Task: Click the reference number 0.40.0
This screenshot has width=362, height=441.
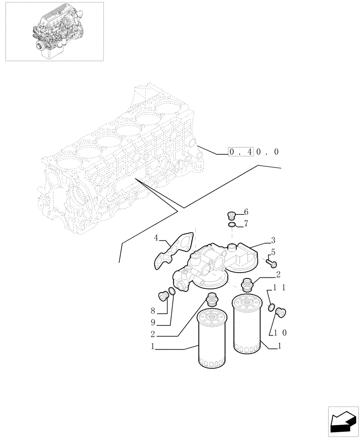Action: point(254,152)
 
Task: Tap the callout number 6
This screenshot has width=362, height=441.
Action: point(246,212)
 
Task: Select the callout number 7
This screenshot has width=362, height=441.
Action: point(246,224)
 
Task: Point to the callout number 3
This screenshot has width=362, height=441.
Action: point(273,240)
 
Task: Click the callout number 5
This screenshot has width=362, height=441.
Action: point(273,252)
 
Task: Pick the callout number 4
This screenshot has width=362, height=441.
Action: point(156,239)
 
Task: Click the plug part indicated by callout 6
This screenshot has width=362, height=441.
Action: point(230,215)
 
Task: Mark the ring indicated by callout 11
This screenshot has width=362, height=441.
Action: point(272,307)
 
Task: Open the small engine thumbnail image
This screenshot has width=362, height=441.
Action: point(54,31)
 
